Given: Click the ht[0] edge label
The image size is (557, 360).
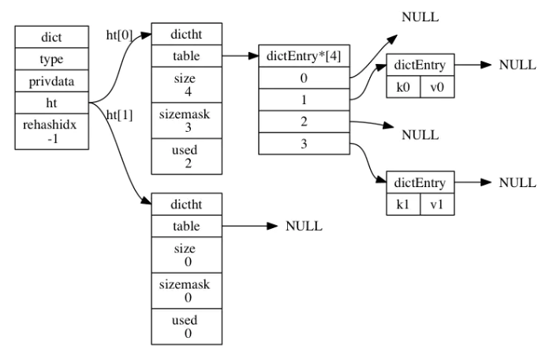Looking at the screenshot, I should pos(120,36).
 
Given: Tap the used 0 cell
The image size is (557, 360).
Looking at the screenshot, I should pos(188,326).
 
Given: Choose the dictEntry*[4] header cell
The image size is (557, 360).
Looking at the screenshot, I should pos(305,58).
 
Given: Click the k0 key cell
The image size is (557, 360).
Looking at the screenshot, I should pos(402,86).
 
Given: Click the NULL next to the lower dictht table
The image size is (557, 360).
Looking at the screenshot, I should pos(304,227).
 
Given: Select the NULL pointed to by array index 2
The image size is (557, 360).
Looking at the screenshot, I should pos(420,135).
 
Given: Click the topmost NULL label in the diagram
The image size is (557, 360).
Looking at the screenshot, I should pos(420,17).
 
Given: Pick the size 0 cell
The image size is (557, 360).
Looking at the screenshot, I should pos(188,256).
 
